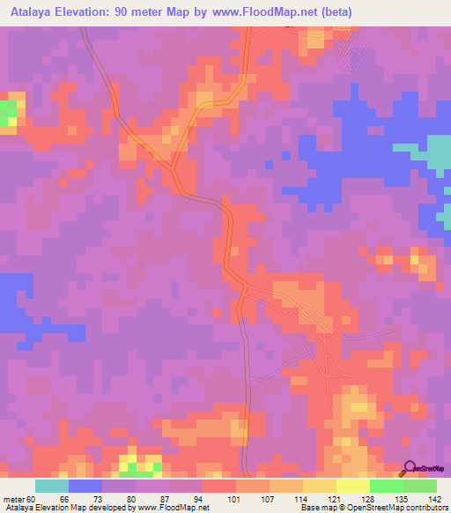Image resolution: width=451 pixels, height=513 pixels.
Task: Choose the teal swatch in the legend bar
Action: (x=52, y=486)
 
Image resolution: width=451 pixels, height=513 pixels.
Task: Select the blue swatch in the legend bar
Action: (x=85, y=486)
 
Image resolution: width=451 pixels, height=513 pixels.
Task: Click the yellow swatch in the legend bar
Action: (x=353, y=486)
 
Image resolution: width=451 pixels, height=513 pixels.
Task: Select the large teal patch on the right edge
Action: (x=438, y=153)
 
